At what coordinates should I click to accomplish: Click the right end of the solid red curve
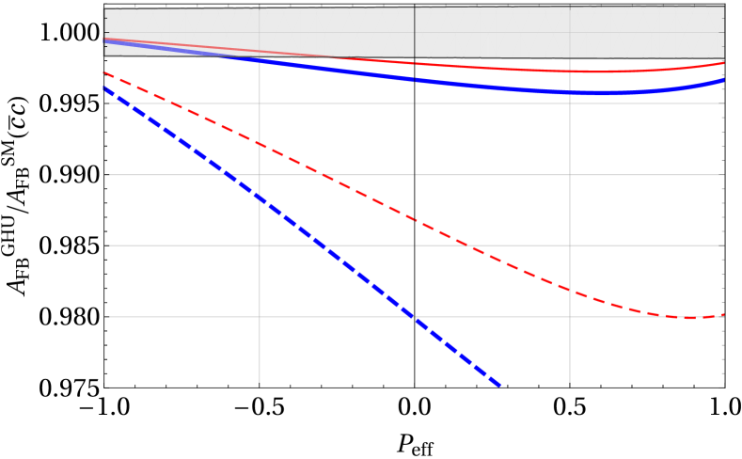tap(723, 63)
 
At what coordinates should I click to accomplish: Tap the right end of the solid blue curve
tap(723, 81)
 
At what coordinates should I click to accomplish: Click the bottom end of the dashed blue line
tap(500, 385)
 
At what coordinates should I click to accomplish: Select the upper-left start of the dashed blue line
tap(104, 88)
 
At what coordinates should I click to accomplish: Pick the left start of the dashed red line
tap(104, 72)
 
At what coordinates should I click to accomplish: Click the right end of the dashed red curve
tap(723, 315)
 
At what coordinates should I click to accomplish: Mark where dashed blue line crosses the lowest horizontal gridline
tap(414, 317)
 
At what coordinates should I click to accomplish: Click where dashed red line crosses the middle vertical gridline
tap(415, 219)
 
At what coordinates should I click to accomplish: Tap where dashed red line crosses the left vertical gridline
tap(260, 144)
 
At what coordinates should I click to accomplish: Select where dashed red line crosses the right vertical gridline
tap(569, 289)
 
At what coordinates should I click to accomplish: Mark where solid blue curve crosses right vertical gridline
tap(569, 92)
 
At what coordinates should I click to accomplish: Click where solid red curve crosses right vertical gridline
tap(569, 71)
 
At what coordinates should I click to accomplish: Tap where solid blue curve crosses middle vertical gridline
tap(415, 80)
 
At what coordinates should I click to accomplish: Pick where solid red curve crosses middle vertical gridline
tap(415, 63)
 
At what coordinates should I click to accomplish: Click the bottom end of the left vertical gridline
tap(260, 382)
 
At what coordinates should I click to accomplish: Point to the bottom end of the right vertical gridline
tap(569, 382)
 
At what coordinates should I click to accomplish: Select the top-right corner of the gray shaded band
tap(723, 7)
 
